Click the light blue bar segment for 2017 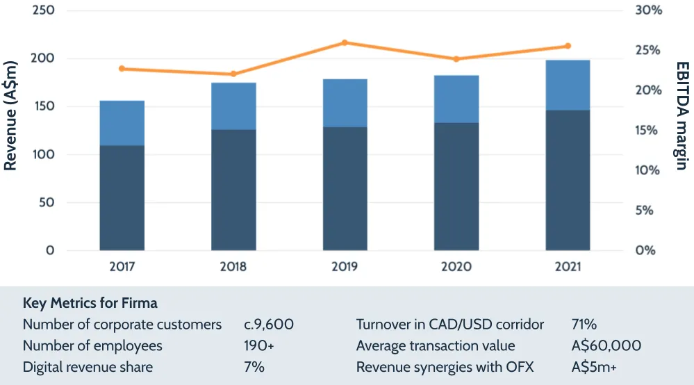tap(122, 123)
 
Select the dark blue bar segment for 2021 tap(568, 180)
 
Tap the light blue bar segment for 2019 tap(345, 103)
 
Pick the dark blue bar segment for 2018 tap(233, 190)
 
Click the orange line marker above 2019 tap(345, 43)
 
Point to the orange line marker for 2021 tap(568, 46)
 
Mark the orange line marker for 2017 tap(122, 69)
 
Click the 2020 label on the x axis tap(456, 267)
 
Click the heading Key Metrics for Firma tap(90, 303)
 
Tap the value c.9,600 tap(269, 325)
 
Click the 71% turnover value tap(584, 325)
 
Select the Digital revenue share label tap(88, 367)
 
